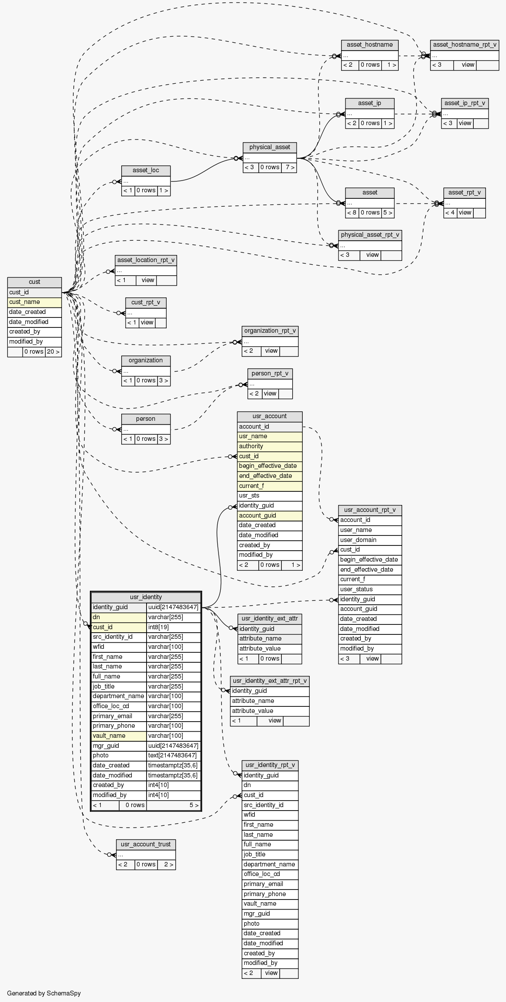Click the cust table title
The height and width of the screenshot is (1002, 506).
pyautogui.click(x=34, y=282)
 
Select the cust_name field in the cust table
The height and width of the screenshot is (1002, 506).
pyautogui.click(x=34, y=302)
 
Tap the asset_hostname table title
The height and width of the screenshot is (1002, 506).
pyautogui.click(x=369, y=45)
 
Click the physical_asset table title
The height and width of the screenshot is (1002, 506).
pyautogui.click(x=270, y=147)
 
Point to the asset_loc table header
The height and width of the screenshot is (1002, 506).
pyautogui.click(x=146, y=170)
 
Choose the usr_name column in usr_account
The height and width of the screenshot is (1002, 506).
pyautogui.click(x=270, y=436)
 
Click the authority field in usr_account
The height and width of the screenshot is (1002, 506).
pyautogui.click(x=270, y=446)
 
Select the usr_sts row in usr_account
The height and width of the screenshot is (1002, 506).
pyautogui.click(x=270, y=496)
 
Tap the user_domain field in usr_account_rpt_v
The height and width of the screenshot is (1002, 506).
pyautogui.click(x=369, y=540)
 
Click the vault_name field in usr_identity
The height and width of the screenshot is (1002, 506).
pyautogui.click(x=118, y=736)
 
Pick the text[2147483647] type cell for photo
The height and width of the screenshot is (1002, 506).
pyautogui.click(x=174, y=756)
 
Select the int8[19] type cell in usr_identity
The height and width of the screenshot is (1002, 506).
pyautogui.click(x=174, y=627)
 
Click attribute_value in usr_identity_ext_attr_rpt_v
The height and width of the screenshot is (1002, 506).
pyautogui.click(x=270, y=711)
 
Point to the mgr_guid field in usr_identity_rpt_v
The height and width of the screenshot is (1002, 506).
pyautogui.click(x=270, y=914)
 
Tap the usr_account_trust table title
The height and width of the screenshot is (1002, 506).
pyautogui.click(x=146, y=845)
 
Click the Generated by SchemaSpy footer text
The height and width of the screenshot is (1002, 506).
pyautogui.click(x=44, y=993)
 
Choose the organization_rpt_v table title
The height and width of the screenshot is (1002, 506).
pyautogui.click(x=270, y=331)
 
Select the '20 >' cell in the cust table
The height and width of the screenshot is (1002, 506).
pyautogui.click(x=53, y=352)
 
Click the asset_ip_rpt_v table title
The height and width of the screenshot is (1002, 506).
pyautogui.click(x=465, y=103)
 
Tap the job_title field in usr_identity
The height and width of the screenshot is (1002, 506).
pyautogui.click(x=118, y=687)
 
